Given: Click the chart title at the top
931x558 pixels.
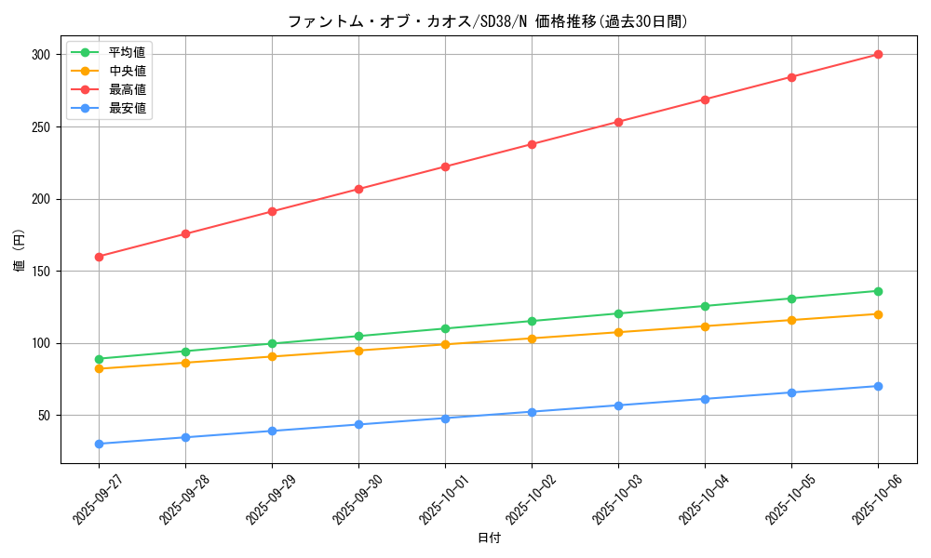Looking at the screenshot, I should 488,21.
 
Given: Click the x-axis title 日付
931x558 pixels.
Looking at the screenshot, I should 488,538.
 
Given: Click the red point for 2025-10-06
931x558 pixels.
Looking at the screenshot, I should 878,55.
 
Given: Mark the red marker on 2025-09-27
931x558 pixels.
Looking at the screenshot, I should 99,257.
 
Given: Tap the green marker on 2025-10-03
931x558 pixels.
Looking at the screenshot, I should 618,313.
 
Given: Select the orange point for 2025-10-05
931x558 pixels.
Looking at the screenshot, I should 791,320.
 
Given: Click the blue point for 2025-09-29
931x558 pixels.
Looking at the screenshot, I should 272,431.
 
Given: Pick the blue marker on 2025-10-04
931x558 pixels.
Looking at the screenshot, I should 705,399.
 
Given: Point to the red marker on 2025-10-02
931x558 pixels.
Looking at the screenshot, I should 532,144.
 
